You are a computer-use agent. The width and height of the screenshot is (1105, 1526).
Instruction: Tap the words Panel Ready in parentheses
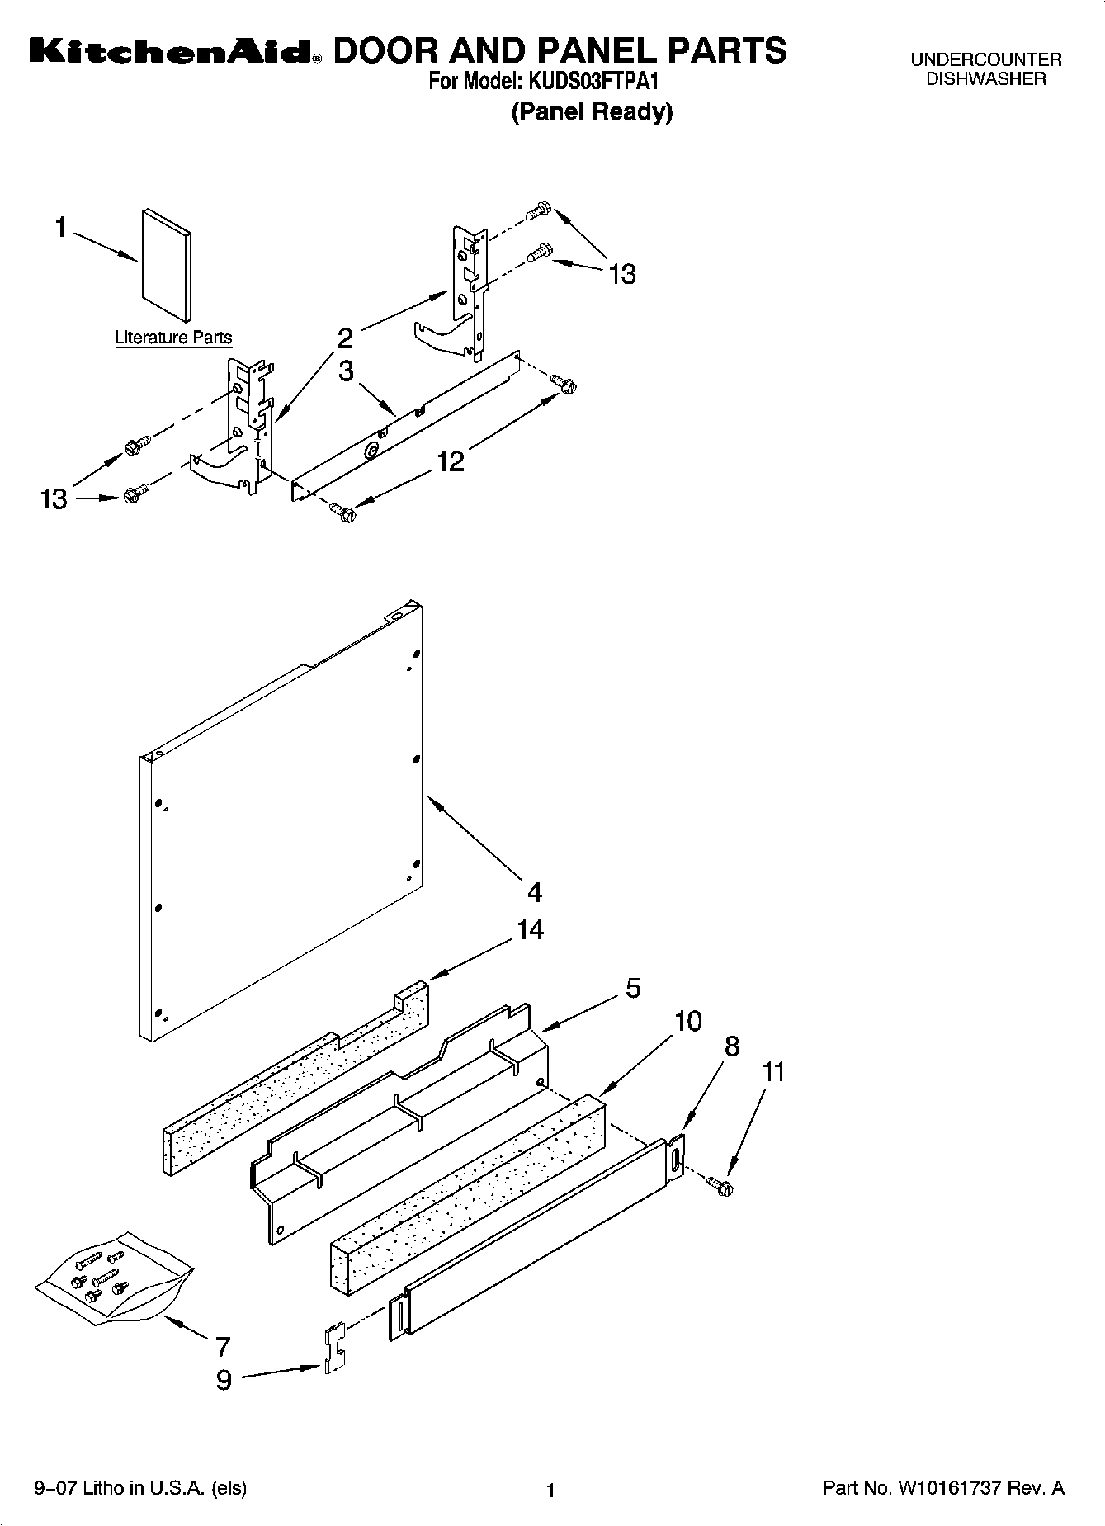592,111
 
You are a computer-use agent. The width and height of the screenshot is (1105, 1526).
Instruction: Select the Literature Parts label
173,338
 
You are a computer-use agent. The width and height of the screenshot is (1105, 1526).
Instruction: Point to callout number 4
535,892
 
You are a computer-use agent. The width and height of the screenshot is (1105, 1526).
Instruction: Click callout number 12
451,461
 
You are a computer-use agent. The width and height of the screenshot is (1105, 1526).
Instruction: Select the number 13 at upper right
622,273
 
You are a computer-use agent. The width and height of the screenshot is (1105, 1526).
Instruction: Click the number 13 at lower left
54,499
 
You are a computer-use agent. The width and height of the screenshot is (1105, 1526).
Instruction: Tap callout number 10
687,1022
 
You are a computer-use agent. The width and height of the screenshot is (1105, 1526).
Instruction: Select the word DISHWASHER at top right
985,79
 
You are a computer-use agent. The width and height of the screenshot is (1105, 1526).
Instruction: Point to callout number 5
633,988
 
